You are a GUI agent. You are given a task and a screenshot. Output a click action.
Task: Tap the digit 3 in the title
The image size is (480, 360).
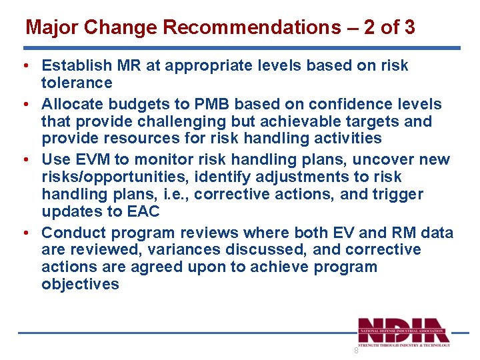[x=409, y=28]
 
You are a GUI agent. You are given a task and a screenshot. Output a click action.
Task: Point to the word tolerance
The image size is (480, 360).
[x=77, y=83]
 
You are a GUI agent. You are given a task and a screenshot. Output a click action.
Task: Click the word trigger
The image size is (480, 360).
[x=399, y=195]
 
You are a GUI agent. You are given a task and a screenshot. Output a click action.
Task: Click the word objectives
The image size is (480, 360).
[x=80, y=285]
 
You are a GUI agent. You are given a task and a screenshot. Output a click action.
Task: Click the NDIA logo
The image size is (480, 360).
[x=404, y=331]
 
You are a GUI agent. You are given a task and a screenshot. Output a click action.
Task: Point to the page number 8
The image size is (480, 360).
[x=356, y=351]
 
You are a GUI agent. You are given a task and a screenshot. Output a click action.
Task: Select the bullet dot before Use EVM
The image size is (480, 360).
[x=24, y=160]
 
